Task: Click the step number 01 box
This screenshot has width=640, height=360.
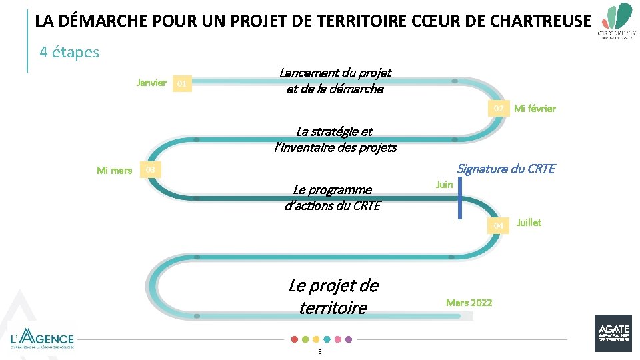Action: point(181,84)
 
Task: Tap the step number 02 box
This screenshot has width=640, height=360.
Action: point(498,108)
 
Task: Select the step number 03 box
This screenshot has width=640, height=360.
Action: point(151,170)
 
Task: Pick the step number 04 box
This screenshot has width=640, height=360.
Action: point(498,226)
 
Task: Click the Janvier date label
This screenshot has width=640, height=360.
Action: point(151,83)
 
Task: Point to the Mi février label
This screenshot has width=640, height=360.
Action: point(535,108)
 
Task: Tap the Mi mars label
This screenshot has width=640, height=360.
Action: point(114,171)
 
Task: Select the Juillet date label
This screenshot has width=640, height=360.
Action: point(529,223)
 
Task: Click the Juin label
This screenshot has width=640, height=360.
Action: point(444,184)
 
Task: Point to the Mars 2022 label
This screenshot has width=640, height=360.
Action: point(469,303)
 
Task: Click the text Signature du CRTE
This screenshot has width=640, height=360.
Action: point(505,169)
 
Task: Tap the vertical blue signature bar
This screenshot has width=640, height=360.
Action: point(459,198)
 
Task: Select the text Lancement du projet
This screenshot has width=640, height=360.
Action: point(335,73)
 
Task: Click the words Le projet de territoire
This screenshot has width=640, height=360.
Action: point(333,297)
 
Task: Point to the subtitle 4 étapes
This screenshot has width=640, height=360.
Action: point(69,52)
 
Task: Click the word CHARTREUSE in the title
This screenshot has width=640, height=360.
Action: point(540,21)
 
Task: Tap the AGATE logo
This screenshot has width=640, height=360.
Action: point(613,333)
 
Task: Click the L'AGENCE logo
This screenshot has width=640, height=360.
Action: point(43,338)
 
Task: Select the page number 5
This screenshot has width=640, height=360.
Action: point(320,351)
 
